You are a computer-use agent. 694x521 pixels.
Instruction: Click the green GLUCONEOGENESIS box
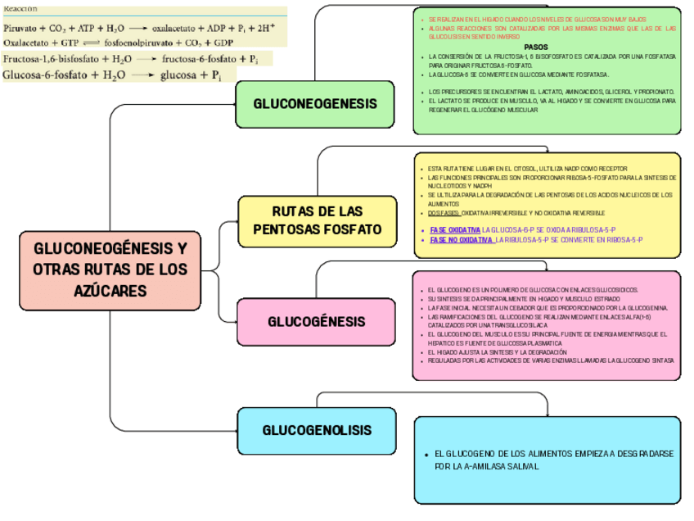point(315,105)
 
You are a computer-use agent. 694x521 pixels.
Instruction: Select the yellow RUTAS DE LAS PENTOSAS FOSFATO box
point(318,220)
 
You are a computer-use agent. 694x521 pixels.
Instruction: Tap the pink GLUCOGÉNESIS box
point(317,322)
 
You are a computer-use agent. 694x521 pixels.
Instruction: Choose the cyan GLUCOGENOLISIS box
point(317,431)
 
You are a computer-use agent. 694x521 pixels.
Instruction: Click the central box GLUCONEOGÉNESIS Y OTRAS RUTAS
point(110,270)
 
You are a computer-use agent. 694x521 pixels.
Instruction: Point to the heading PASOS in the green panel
point(536,48)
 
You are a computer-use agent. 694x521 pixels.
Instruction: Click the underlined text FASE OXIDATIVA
point(455,229)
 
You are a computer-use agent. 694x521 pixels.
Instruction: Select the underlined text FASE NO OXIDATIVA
point(461,240)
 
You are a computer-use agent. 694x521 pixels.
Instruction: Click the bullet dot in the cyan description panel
point(426,454)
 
